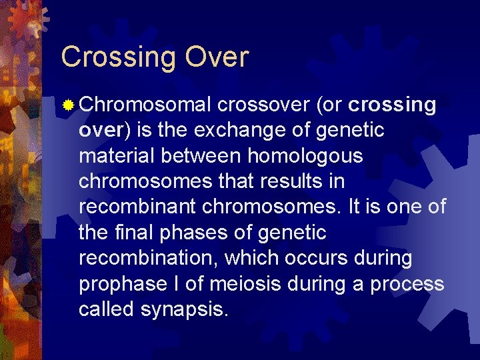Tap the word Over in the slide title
point(217,57)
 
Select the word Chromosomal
point(146,105)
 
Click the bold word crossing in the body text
point(392,105)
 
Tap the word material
point(115,156)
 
